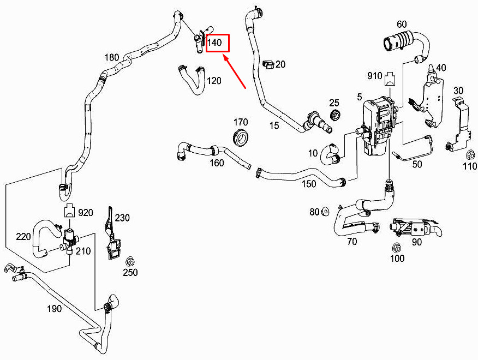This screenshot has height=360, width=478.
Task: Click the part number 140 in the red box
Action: point(214,43)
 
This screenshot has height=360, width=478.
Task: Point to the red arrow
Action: point(235,71)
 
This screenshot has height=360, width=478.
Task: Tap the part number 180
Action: point(111,57)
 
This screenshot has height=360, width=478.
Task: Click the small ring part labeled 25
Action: point(336,115)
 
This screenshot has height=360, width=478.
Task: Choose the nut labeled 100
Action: point(396,247)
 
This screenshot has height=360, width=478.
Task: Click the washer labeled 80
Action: point(325,211)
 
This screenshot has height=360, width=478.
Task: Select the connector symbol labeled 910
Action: point(390,79)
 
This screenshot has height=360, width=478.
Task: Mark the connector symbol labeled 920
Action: point(69,209)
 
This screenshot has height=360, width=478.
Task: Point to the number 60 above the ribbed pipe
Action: point(402,24)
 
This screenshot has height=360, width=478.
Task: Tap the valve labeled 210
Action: point(69,239)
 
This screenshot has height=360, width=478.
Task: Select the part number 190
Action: point(54,309)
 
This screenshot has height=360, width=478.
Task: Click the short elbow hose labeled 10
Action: point(330,154)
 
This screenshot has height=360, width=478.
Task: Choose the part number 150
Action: point(309,184)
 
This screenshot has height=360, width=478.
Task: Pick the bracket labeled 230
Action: point(111,233)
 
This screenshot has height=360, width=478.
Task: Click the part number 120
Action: point(214,81)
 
